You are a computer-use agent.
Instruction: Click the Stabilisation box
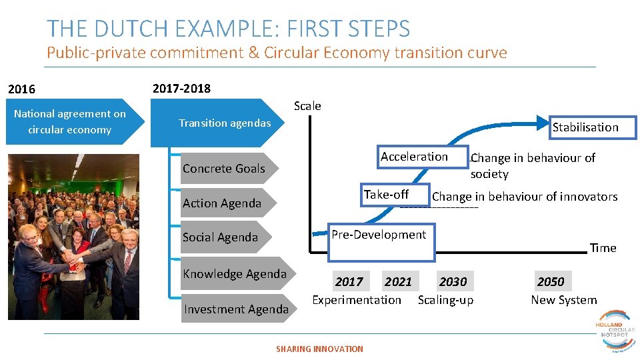[x=585, y=127]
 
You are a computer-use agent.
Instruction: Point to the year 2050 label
[x=550, y=281]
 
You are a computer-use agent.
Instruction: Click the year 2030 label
[x=453, y=281]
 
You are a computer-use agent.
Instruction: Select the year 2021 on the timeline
[x=398, y=281]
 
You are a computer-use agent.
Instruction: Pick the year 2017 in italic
[x=349, y=281]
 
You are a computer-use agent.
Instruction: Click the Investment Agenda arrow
[x=237, y=309]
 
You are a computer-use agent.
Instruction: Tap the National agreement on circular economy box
[x=70, y=122]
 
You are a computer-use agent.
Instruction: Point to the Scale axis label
[x=307, y=106]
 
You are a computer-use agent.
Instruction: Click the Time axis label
[x=603, y=248]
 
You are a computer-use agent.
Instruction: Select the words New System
[x=563, y=300]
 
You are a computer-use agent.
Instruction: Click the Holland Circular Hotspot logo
[x=615, y=329]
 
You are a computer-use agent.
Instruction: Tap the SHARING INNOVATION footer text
[x=319, y=349]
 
